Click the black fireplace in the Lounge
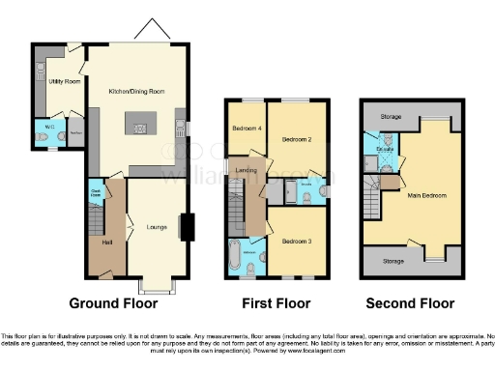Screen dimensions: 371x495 [187, 227]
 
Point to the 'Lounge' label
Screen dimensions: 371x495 [156, 228]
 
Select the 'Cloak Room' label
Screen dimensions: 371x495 [97, 190]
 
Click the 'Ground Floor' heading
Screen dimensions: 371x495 [120, 302]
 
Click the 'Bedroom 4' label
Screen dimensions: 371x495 [247, 128]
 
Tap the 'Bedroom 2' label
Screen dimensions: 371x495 [296, 139]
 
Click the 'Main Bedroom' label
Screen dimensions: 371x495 [427, 196]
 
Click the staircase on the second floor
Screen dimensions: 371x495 [371, 202]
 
